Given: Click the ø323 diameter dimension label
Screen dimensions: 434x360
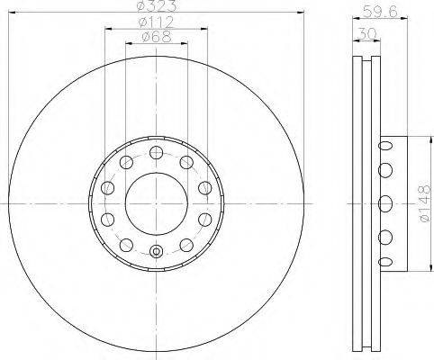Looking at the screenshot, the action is point(156,6).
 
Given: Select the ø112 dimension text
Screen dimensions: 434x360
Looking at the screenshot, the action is point(156,22).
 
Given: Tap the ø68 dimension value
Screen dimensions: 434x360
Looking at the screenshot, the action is point(157,37).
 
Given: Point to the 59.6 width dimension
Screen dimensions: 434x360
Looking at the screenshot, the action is point(380,13).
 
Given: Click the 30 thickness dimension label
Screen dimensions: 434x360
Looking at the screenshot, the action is point(366,33).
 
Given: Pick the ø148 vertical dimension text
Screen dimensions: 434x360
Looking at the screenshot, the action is point(426,203).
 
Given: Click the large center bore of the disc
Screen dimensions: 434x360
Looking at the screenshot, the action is point(157,203).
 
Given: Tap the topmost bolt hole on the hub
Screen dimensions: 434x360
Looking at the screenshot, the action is point(156,152).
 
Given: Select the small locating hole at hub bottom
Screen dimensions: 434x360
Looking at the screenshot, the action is point(157,251).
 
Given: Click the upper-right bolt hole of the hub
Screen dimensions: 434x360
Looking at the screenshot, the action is point(186,162).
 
